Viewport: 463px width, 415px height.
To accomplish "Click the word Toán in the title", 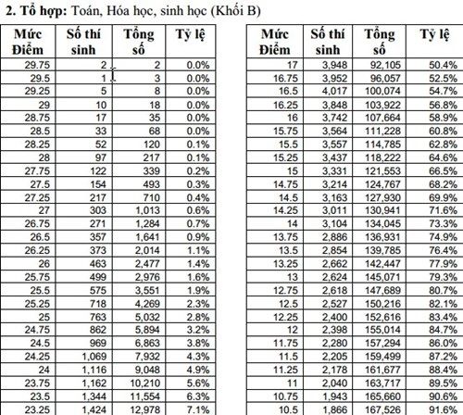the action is pyautogui.click(x=103, y=10).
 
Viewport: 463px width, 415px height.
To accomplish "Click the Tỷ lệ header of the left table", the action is pyautogui.click(x=192, y=36).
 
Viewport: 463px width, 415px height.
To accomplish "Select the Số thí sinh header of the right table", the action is pyautogui.click(x=326, y=42).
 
